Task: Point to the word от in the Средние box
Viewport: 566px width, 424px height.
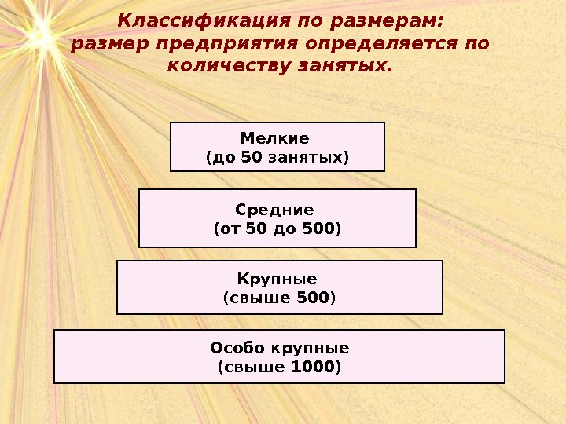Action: click(230, 228)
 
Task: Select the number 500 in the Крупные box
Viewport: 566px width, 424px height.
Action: click(314, 298)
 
